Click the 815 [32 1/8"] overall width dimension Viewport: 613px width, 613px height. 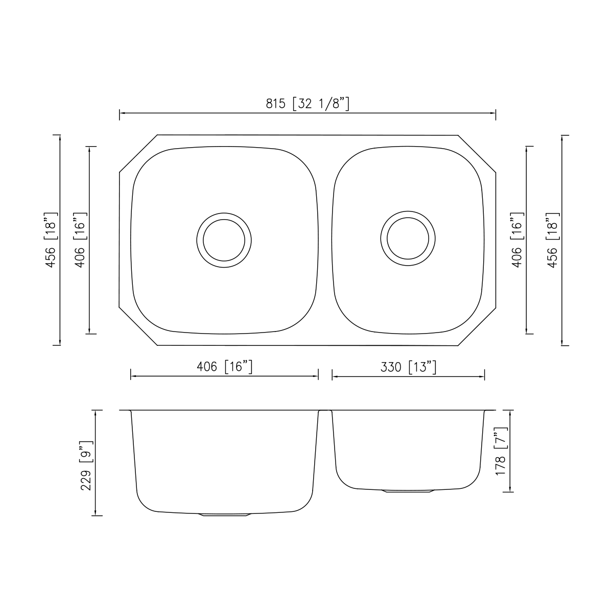pyautogui.click(x=308, y=104)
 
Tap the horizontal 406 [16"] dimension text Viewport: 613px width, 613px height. pyautogui.click(x=225, y=367)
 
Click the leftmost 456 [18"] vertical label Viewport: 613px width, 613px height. pyautogui.click(x=51, y=240)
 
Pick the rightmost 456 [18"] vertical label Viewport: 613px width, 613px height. pyautogui.click(x=553, y=240)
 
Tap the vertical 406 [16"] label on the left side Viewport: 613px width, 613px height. pyautogui.click(x=81, y=240)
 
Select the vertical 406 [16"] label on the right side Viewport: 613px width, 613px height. pyautogui.click(x=517, y=240)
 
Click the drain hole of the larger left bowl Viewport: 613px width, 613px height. pyautogui.click(x=224, y=240)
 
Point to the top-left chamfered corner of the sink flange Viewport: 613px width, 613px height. pyautogui.click(x=138, y=153)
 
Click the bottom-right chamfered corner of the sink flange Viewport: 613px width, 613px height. pyautogui.click(x=477, y=327)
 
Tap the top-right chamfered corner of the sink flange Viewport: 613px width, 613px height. pyautogui.click(x=477, y=153)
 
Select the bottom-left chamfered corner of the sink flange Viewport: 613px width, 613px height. pyautogui.click(x=138, y=327)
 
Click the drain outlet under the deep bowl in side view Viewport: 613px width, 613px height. pyautogui.click(x=225, y=514)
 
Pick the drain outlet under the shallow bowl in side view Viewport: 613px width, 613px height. pyautogui.click(x=408, y=491)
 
